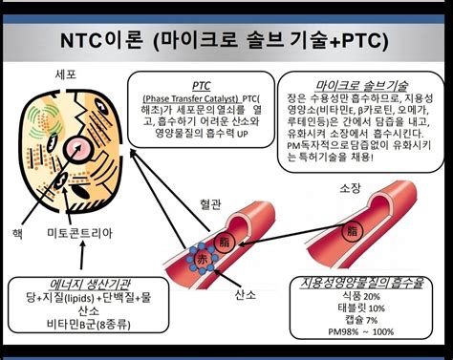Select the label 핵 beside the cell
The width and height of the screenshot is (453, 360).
click(x=16, y=233)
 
